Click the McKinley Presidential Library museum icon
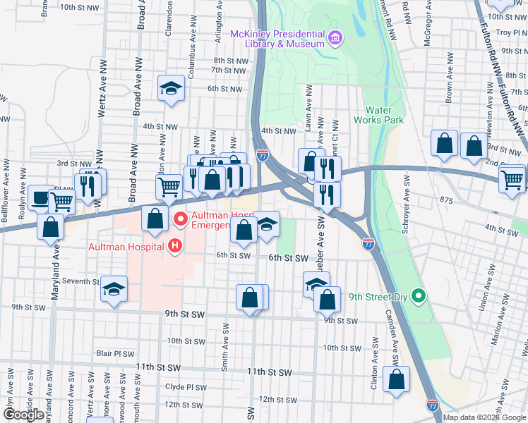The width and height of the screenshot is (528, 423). tap(335, 37)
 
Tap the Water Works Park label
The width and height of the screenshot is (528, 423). tap(384, 114)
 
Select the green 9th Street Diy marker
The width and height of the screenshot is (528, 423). tap(418, 296)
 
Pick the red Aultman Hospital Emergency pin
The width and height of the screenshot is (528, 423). tap(181, 221)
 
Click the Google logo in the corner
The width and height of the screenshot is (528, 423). tap(23, 415)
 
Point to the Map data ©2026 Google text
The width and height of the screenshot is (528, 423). tap(484, 417)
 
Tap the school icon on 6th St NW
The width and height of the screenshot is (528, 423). tap(170, 88)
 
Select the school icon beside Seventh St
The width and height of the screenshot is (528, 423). tap(114, 290)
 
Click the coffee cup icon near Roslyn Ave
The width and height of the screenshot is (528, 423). tap(41, 197)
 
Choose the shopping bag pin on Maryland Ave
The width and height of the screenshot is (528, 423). tap(51, 227)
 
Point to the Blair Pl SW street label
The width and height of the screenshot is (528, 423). tap(115, 353)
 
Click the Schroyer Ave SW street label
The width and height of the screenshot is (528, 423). tap(406, 198)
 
